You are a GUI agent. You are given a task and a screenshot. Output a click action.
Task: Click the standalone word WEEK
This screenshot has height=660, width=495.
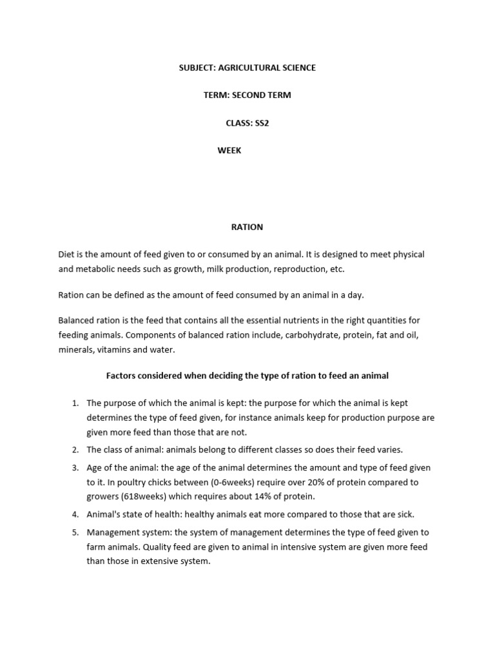pyautogui.click(x=229, y=151)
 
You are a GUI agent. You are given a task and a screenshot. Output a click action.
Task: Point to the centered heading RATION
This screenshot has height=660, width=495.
pyautogui.click(x=247, y=227)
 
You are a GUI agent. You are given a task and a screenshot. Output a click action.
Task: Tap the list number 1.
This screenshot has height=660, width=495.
pyautogui.click(x=75, y=403)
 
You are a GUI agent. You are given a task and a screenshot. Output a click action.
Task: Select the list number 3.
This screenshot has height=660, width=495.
pyautogui.click(x=75, y=467)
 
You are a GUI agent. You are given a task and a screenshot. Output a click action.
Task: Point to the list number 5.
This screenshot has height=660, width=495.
pyautogui.click(x=75, y=532)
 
